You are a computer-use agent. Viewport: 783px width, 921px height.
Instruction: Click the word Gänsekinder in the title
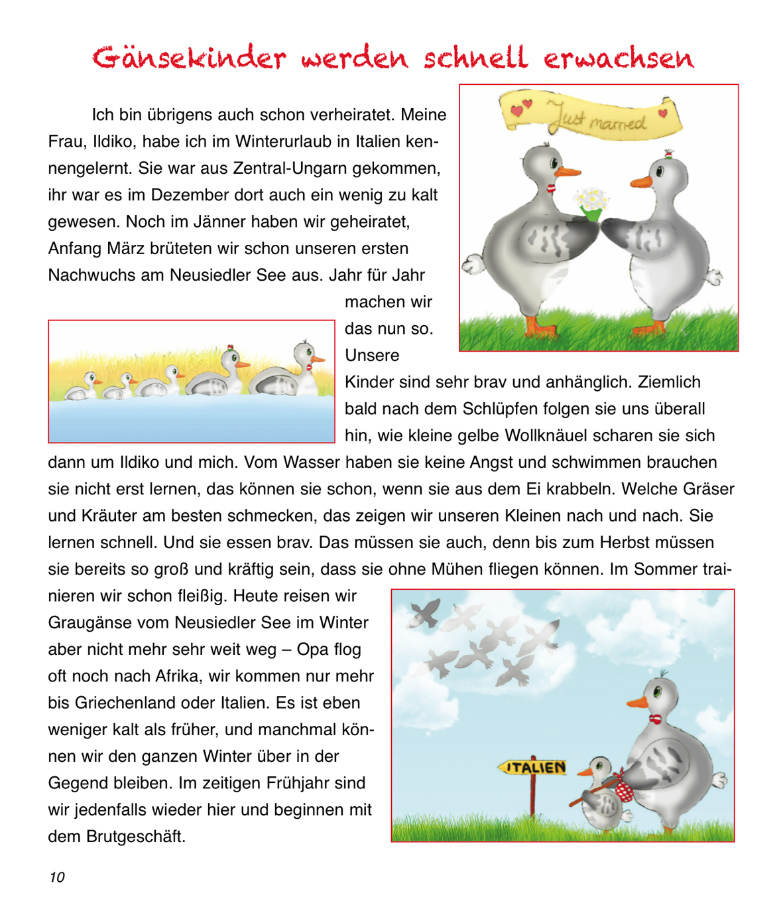click(x=189, y=58)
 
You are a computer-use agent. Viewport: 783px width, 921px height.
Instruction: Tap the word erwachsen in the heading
click(x=619, y=58)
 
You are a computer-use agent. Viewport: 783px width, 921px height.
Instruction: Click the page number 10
click(x=57, y=877)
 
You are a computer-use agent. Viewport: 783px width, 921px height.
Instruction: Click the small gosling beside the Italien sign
click(x=602, y=793)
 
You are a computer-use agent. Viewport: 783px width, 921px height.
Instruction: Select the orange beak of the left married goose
click(x=568, y=171)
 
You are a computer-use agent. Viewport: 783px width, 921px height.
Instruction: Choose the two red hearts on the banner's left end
click(x=521, y=107)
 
